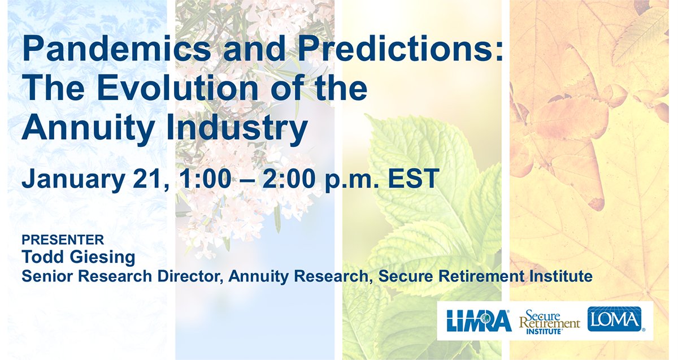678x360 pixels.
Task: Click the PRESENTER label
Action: (x=63, y=239)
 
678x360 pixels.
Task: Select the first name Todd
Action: (x=43, y=257)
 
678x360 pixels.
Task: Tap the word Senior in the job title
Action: (x=46, y=276)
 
